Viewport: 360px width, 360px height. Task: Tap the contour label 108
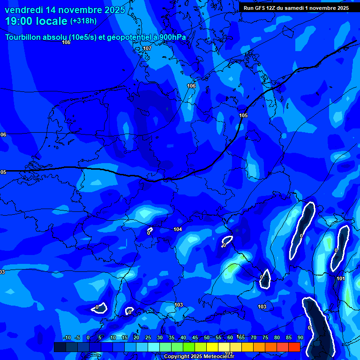tap(66, 43)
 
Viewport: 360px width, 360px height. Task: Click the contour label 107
tap(147, 49)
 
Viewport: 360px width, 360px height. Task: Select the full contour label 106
tap(191, 86)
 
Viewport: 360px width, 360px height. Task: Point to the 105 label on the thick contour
tap(243, 116)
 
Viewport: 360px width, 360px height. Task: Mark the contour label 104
tap(178, 229)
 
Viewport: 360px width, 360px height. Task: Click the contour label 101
tap(341, 279)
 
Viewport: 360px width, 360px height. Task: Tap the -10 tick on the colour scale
tap(67, 337)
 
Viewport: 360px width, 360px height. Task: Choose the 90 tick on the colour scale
tap(300, 337)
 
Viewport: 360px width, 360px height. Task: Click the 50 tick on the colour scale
tap(207, 337)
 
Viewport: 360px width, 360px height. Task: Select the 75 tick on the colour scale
tap(265, 337)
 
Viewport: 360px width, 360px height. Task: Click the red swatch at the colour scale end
tap(294, 347)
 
